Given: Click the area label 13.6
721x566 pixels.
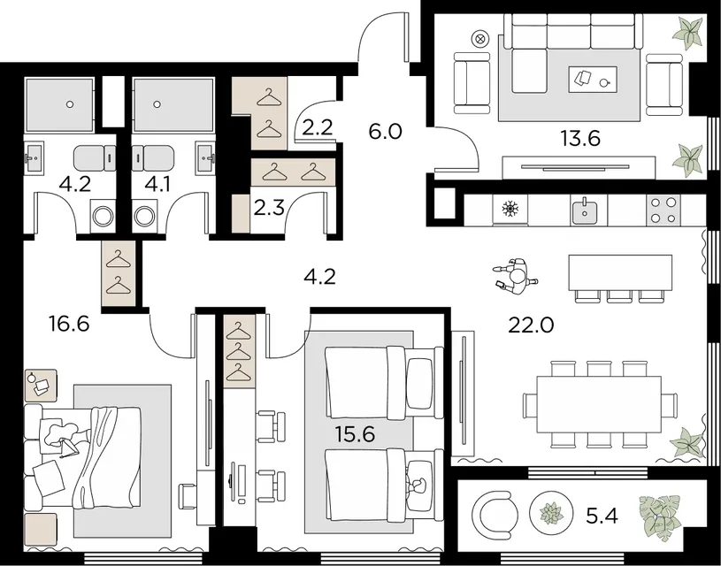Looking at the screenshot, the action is click(580, 138).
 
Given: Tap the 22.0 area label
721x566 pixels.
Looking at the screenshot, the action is click(531, 325).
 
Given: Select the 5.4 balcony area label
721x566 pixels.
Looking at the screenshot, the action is click(602, 516).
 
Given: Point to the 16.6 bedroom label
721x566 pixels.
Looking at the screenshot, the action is click(69, 324).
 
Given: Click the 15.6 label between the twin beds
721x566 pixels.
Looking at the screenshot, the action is click(355, 433).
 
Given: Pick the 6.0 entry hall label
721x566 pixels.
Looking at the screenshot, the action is click(386, 132).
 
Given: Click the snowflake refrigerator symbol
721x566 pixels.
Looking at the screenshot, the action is click(510, 210).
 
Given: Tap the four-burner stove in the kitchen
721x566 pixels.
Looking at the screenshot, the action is click(663, 210).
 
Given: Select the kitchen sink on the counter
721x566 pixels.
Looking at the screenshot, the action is click(585, 210).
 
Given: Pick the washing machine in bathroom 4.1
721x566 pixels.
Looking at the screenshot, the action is click(145, 216).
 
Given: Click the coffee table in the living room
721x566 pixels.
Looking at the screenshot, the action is click(593, 79).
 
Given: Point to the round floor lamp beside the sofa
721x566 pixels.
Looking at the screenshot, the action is click(480, 39).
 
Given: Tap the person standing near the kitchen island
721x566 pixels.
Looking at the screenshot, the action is click(515, 276).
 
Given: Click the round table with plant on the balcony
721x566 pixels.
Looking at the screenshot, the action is click(551, 513).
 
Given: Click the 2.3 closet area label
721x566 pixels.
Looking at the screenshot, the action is click(269, 209).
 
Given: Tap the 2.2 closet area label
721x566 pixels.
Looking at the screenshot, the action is click(318, 127).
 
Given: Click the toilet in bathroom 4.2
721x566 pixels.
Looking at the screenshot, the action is click(95, 158).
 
